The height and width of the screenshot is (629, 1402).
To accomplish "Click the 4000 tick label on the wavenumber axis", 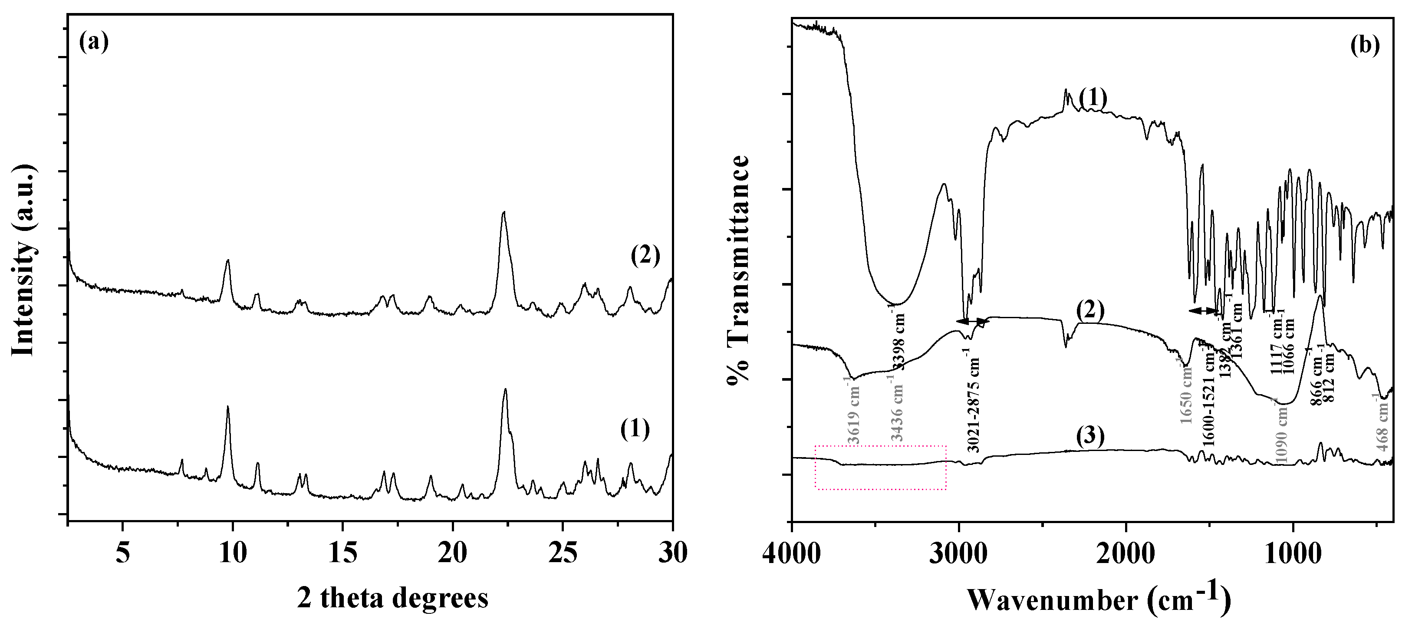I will point(792,554).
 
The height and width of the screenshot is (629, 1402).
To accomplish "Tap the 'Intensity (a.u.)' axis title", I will point(24,260).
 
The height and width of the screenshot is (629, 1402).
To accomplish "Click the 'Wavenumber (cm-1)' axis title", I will point(1098,598).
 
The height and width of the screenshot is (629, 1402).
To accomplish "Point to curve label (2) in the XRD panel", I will point(645,255).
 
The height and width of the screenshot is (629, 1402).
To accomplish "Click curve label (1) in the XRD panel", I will point(635,429).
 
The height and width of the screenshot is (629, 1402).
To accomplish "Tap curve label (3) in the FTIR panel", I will point(1090,436).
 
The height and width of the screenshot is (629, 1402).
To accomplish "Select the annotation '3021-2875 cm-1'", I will point(974,404).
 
